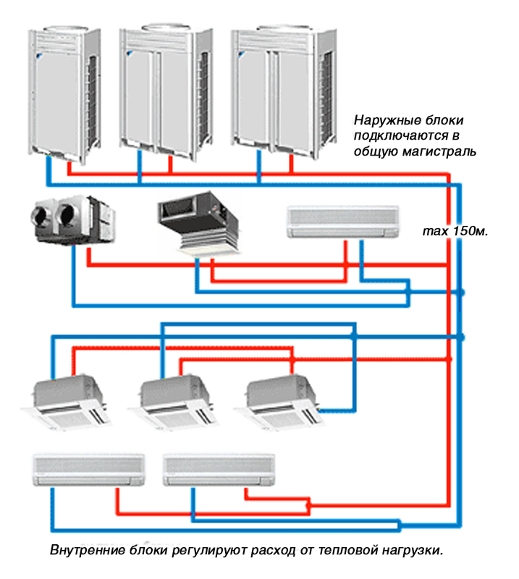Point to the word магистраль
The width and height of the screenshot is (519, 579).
[439, 151]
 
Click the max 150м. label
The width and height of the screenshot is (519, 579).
[455, 231]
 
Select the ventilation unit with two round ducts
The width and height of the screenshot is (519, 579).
[73, 220]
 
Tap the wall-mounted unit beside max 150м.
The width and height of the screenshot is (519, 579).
[343, 221]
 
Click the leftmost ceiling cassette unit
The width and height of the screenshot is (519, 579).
[66, 402]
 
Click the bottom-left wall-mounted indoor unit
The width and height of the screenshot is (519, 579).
[88, 470]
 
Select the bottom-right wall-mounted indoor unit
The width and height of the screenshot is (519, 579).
[219, 470]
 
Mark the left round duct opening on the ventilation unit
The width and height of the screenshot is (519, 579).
[43, 215]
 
